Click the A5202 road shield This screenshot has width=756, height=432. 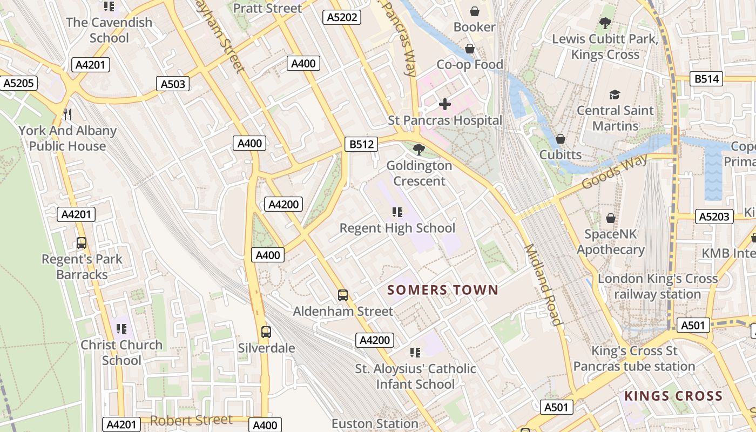(342, 17)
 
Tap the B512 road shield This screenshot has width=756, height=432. (361, 144)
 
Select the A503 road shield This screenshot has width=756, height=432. (173, 84)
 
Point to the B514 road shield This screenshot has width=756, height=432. (707, 79)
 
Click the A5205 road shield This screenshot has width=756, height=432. (19, 83)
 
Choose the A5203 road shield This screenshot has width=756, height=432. (714, 217)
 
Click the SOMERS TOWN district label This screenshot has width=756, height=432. (443, 290)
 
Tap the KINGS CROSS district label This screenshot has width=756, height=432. (673, 396)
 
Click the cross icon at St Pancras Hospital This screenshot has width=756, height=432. (445, 104)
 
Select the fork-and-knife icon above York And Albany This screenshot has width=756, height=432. (67, 114)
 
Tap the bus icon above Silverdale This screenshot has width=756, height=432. (266, 332)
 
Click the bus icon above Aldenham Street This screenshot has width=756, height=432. (343, 295)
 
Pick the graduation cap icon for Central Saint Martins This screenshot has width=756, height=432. (615, 95)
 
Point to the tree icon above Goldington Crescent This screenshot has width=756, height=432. (418, 150)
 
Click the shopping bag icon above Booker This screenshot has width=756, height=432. (474, 11)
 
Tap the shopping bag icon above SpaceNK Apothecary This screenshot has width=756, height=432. (611, 218)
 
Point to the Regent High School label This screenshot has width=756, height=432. (397, 228)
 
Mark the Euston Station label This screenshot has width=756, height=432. (375, 424)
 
